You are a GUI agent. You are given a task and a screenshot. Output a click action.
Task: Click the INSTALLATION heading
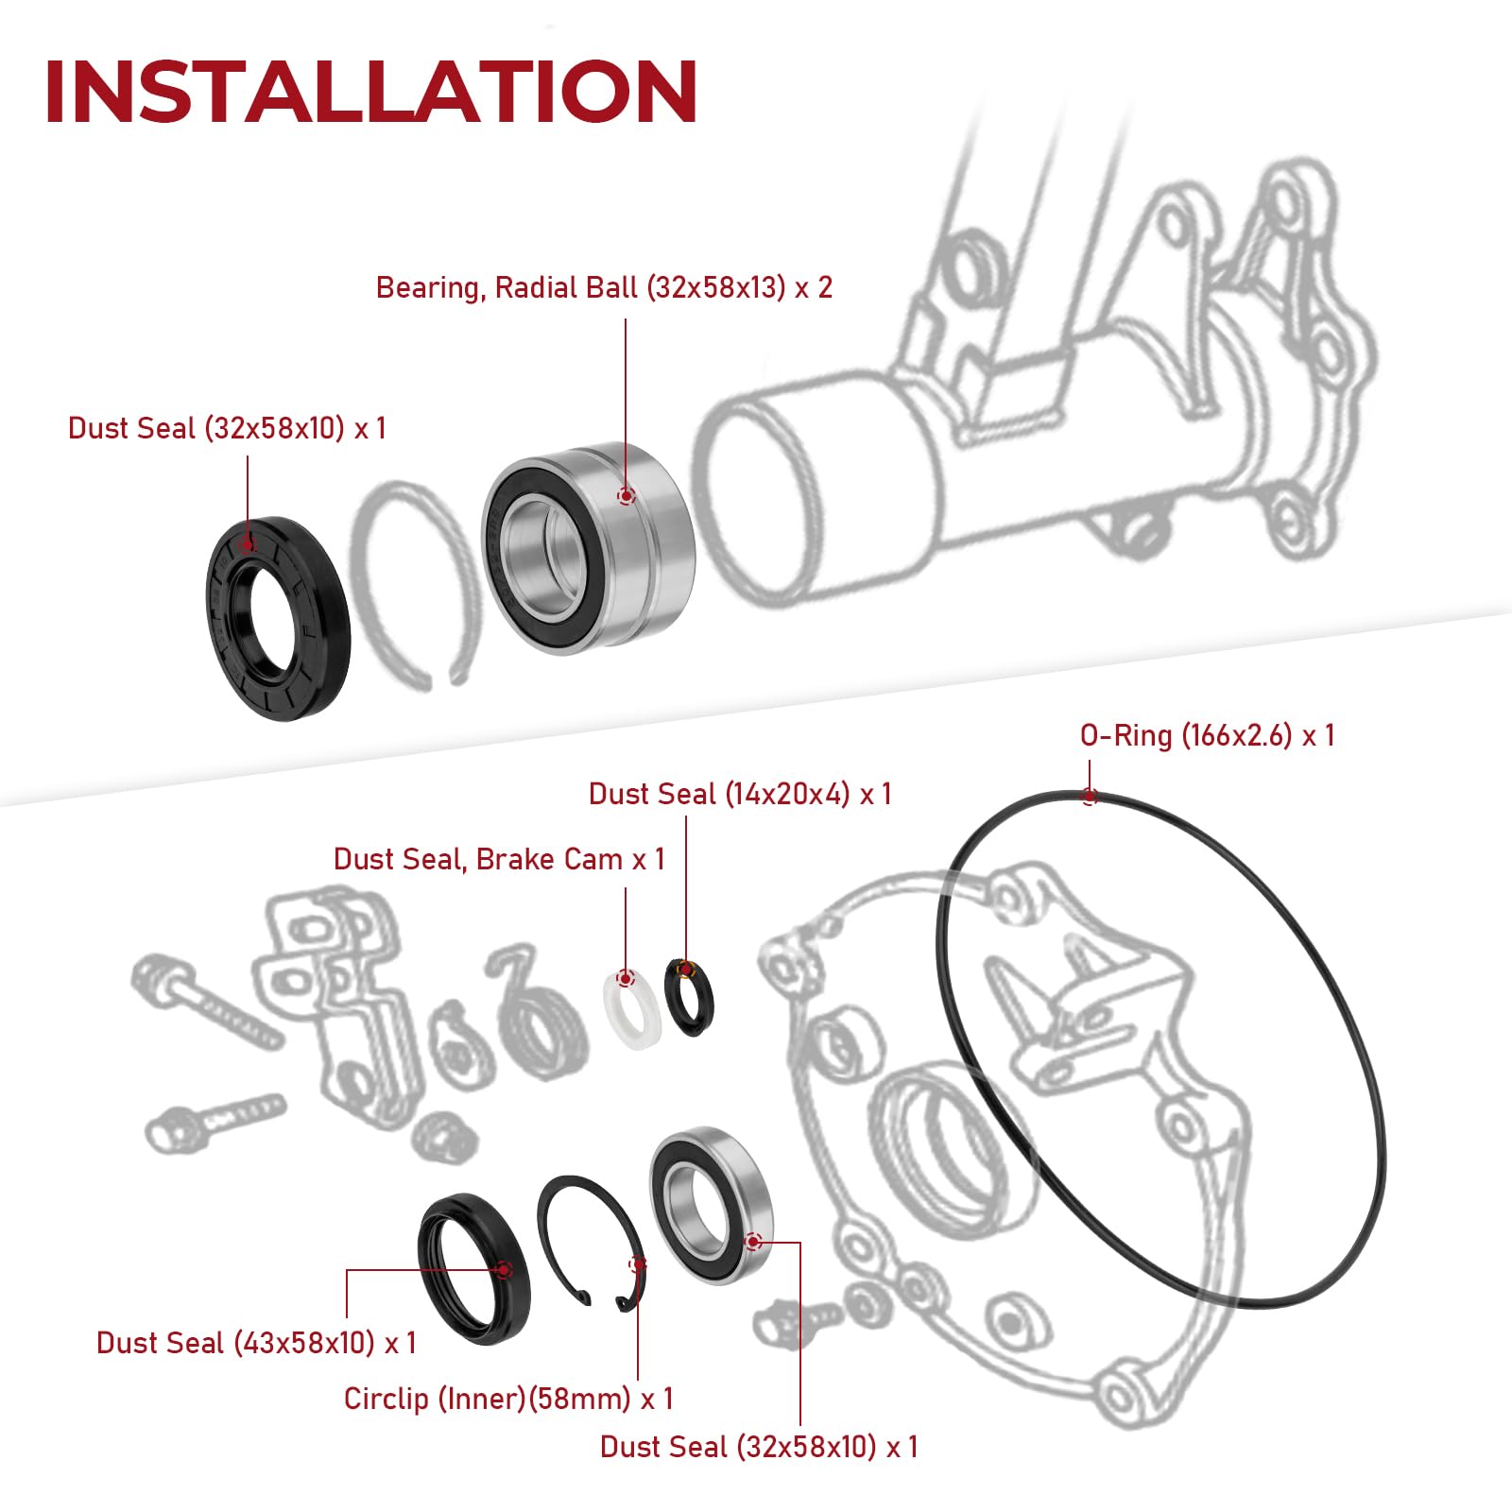[x=370, y=92]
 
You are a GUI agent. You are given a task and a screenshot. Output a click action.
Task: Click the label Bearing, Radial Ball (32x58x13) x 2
[x=604, y=288]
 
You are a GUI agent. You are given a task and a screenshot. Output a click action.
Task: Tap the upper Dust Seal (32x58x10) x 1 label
[x=227, y=428]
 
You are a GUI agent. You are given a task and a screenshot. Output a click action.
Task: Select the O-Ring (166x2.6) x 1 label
[x=1207, y=735]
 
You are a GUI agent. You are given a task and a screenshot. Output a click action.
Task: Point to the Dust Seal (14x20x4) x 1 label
[x=740, y=794]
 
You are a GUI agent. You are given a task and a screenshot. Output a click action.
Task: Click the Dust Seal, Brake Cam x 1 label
[x=499, y=859]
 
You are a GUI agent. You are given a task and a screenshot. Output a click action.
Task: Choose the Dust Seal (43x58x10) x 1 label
[x=256, y=1343]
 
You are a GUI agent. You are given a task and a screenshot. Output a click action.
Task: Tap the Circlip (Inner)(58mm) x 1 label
[x=508, y=1399]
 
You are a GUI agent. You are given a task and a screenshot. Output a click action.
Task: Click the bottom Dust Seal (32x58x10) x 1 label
[x=759, y=1447]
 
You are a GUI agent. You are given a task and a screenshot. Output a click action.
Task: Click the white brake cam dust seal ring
[x=630, y=1009]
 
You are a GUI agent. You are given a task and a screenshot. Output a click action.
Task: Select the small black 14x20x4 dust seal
[x=690, y=998]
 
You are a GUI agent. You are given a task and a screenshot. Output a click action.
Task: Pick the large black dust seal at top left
[x=278, y=619]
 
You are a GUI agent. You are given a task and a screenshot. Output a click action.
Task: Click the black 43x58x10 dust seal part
[x=474, y=1269]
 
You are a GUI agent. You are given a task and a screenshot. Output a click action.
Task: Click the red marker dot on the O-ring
[x=1090, y=797]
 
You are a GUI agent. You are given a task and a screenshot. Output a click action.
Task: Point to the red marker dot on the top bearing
[x=626, y=496]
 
